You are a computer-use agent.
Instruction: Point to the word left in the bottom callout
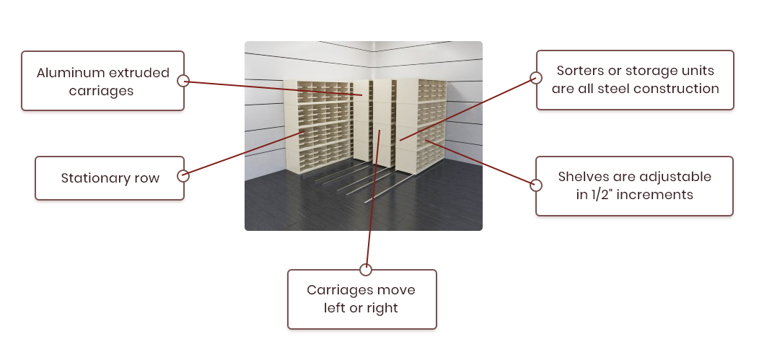click(x=335, y=308)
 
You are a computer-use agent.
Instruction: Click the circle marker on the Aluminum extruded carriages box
click(x=183, y=81)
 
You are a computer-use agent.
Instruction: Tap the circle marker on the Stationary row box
click(x=183, y=175)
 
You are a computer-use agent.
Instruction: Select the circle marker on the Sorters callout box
click(x=536, y=78)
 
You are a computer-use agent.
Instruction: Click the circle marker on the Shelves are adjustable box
click(x=536, y=185)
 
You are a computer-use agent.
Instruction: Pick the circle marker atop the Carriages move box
click(x=366, y=270)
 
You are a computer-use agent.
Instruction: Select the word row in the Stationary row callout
click(x=147, y=178)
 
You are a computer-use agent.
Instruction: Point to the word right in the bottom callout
click(x=382, y=309)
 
